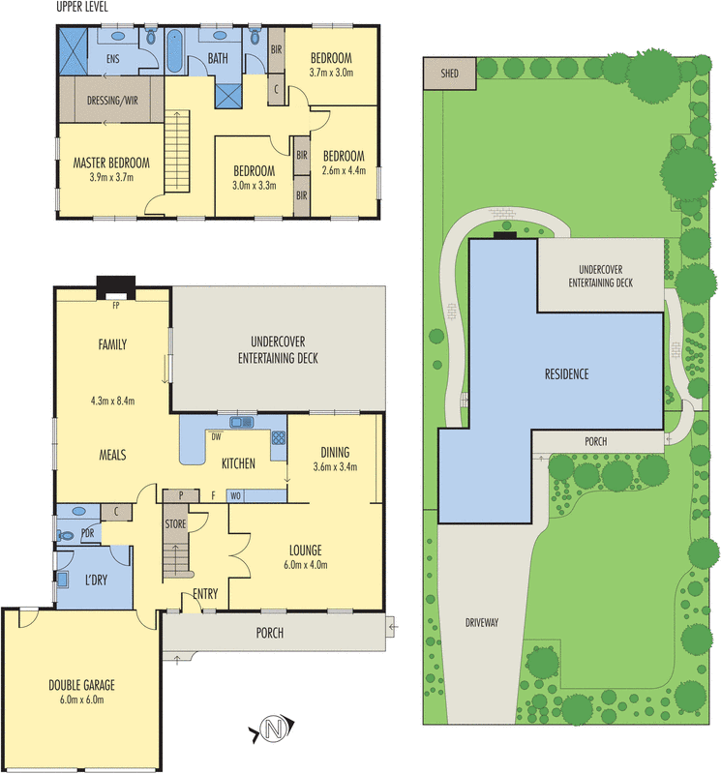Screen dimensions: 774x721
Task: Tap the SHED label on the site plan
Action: click(x=450, y=74)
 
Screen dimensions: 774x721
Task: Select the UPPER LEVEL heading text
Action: click(x=82, y=8)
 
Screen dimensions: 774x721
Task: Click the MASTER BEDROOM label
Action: click(x=110, y=163)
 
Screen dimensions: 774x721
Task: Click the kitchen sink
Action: click(x=239, y=423)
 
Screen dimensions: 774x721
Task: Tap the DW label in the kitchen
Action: click(x=215, y=436)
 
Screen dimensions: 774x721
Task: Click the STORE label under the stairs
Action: click(x=174, y=525)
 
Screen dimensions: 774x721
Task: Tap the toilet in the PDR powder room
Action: click(x=65, y=532)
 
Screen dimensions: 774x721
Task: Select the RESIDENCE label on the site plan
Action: click(x=565, y=373)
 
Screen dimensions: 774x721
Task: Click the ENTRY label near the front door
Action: click(x=205, y=594)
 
